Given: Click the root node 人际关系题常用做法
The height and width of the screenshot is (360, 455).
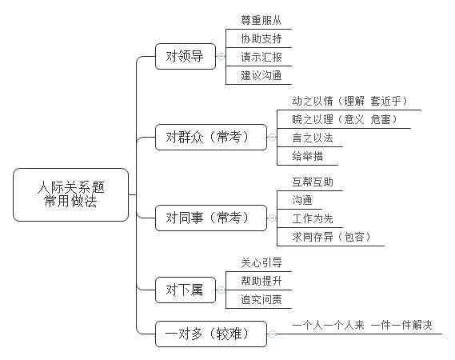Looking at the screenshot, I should click(70, 195).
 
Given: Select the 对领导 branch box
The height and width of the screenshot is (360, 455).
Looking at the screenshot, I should click(185, 57).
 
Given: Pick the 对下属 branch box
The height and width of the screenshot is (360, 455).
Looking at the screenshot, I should click(185, 290).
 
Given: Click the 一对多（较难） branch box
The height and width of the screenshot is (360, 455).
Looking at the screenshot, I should click(211, 334).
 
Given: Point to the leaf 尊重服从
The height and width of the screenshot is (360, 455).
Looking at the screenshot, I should click(261, 21).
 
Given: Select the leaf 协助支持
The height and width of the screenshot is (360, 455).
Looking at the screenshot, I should click(261, 39).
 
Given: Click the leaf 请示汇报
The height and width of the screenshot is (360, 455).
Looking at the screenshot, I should click(261, 58).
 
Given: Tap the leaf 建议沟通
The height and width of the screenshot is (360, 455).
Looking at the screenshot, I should click(261, 76).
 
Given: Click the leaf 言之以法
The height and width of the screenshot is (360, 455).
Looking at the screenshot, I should click(313, 138).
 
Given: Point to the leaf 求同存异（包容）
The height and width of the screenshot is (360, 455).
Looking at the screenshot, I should click(328, 237).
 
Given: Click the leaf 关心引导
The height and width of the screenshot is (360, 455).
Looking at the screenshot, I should click(261, 262).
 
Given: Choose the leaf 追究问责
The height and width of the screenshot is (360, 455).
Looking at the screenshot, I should click(261, 299).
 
